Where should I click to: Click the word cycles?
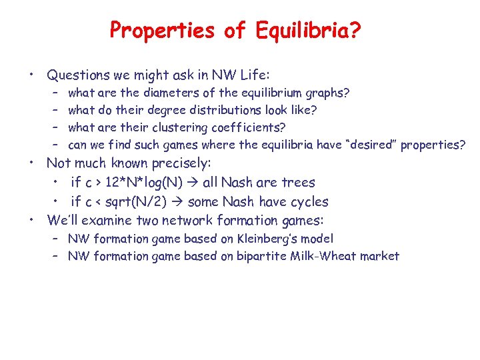point(309,201)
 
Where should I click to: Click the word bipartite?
point(260,256)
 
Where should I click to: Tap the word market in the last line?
point(381,256)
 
